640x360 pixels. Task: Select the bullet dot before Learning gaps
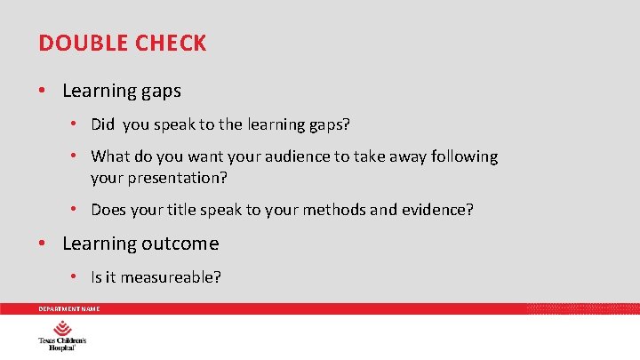(44, 91)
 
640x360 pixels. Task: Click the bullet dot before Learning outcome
(44, 244)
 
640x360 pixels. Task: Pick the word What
(110, 156)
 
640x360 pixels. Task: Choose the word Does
(110, 210)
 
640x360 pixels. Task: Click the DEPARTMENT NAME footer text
(68, 308)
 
